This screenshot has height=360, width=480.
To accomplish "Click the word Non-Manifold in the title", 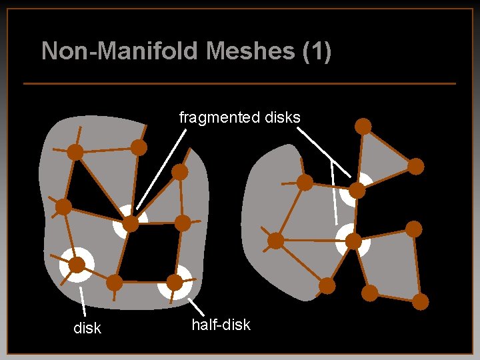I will (101, 51).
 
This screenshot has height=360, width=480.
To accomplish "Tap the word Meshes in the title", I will (230, 51).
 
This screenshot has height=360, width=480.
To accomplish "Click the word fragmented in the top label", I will (213, 117).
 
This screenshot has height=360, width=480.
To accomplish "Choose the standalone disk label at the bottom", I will (87, 328).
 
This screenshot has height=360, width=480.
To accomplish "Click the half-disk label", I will (221, 325).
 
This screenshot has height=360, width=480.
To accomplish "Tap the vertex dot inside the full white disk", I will (77, 265).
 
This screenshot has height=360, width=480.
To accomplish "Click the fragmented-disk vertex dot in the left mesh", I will (131, 223).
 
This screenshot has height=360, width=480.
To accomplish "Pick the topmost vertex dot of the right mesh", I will (363, 125).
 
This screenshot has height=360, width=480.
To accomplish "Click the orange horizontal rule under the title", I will (239, 83).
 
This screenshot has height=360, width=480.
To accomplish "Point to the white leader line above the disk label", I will (83, 301).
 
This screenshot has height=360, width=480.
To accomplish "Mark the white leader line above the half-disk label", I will (197, 307).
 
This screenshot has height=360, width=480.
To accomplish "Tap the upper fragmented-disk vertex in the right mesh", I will (357, 191).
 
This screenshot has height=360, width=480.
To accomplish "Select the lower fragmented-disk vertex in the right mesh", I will (353, 240).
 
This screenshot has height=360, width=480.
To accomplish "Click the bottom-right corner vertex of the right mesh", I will (420, 301).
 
